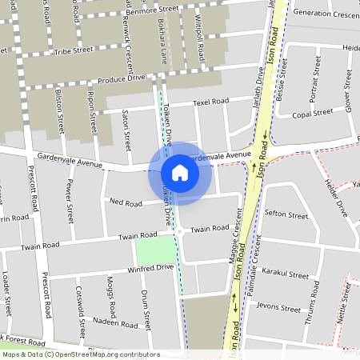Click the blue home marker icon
pos(180,173)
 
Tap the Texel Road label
pos(211,102)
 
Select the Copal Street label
pos(312,114)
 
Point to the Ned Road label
pos(126,202)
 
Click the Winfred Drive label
pos(151,268)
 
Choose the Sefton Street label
pos(286,215)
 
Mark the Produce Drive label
pos(122,78)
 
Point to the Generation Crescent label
pos(326,14)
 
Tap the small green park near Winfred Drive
pos(154,251)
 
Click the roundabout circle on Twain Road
pos(179,231)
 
